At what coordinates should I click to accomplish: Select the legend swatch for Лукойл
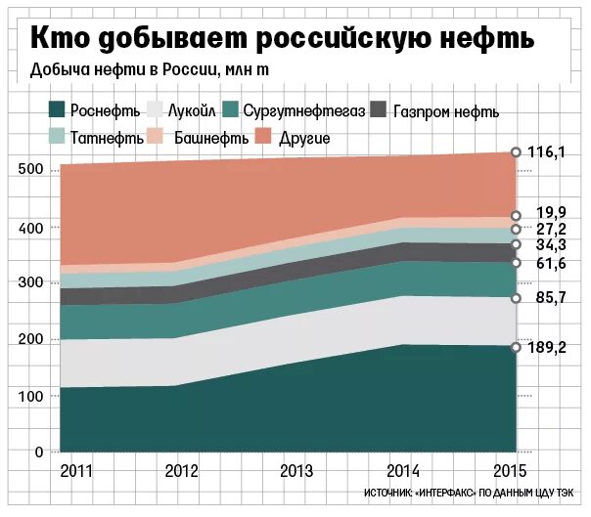(x=156, y=110)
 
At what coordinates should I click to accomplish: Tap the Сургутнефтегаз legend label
(x=304, y=111)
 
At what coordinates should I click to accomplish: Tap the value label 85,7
(x=551, y=298)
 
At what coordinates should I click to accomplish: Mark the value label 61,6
(x=551, y=264)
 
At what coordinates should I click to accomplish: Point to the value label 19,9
(x=551, y=214)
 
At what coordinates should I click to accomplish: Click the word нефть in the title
(x=485, y=38)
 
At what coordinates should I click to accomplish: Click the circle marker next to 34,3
(x=516, y=244)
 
